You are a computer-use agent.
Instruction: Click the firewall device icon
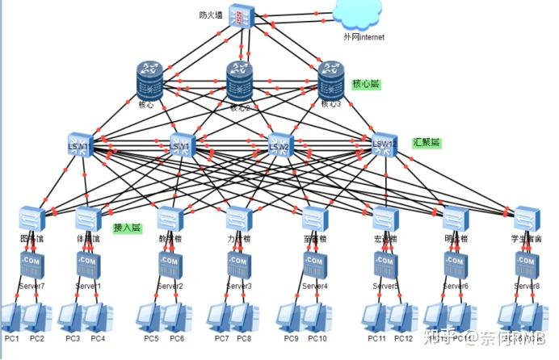(241, 18)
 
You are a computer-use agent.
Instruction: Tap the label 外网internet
(364, 36)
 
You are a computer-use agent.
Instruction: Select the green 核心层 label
(366, 84)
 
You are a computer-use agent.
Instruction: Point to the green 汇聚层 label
(427, 142)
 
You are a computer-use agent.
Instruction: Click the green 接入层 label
(127, 228)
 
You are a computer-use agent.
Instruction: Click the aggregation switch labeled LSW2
(279, 144)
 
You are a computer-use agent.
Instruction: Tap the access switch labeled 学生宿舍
(526, 218)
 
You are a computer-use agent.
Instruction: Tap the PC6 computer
(176, 317)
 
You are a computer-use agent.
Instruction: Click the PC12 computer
(401, 317)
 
